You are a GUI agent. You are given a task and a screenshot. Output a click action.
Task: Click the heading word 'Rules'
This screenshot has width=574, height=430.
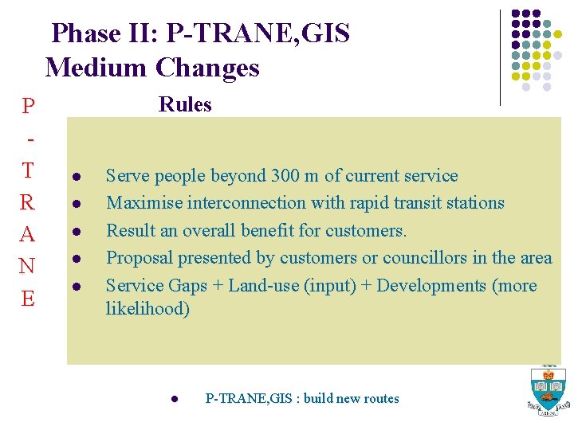[x=185, y=105]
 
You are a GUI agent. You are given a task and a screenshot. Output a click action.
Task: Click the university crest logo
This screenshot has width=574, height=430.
[x=548, y=391]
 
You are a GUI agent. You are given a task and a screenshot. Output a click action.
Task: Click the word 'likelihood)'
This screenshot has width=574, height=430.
[x=147, y=309]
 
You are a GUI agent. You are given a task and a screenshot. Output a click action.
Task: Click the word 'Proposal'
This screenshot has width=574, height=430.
[x=138, y=258]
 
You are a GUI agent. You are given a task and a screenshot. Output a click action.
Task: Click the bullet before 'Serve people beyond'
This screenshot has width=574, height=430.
[x=73, y=177]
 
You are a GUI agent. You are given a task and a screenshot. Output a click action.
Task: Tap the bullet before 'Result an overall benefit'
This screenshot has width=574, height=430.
[x=73, y=232]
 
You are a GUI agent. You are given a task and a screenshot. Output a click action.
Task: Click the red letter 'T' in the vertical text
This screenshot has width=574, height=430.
[x=28, y=170]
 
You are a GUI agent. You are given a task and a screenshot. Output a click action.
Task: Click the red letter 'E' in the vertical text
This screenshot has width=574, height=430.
[x=28, y=299]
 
